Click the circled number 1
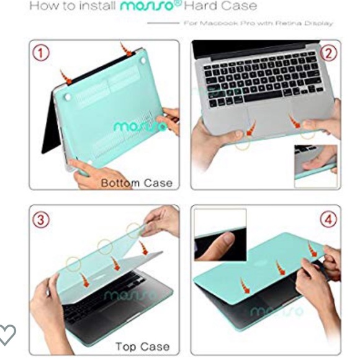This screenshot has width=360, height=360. point(41,53)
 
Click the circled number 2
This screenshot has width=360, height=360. point(329,53)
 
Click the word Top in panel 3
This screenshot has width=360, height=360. point(126,346)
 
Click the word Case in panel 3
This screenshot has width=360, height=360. point(155,346)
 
